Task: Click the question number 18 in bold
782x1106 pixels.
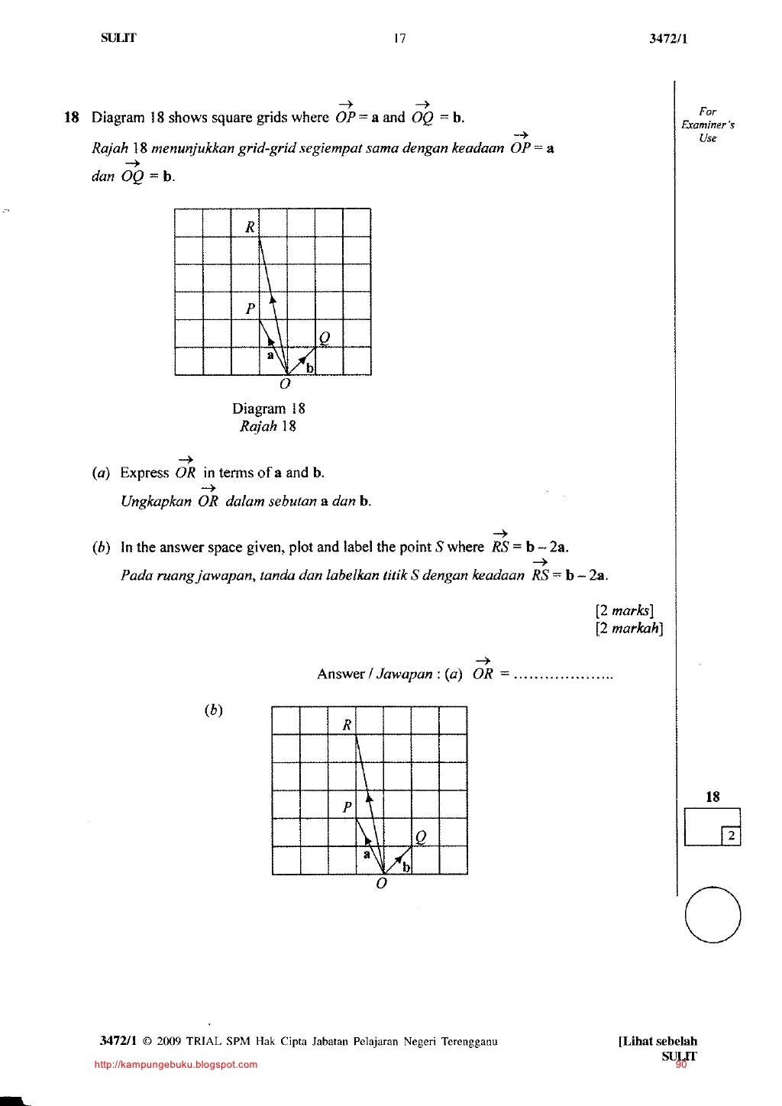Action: tap(72, 118)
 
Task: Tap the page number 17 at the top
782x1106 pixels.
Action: tap(399, 39)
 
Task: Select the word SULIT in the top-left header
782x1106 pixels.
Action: tap(118, 38)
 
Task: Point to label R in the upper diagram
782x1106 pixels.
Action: tap(249, 226)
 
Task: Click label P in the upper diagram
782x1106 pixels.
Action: tap(250, 309)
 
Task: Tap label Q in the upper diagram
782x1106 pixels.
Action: tap(325, 338)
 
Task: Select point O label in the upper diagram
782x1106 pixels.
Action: tap(285, 384)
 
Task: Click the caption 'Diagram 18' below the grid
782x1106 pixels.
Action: tap(269, 409)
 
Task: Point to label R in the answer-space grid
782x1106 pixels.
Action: tap(347, 725)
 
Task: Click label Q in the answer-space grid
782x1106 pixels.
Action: tap(421, 838)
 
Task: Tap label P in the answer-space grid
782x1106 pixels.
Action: tap(347, 807)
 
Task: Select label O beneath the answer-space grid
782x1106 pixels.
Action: tap(381, 884)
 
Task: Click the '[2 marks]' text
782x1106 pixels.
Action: tap(624, 611)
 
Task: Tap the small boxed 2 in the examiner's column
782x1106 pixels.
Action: tap(731, 836)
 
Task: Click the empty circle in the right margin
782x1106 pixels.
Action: tap(713, 914)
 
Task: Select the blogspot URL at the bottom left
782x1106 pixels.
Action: tap(176, 1064)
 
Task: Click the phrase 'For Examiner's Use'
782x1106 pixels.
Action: tap(708, 125)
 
